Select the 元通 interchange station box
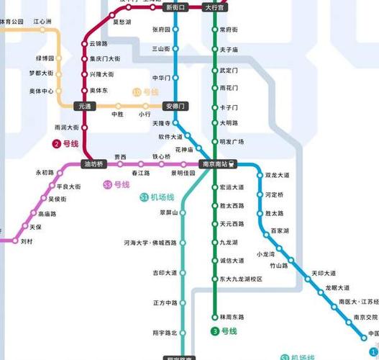(x=86, y=106)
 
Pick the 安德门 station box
(x=176, y=106)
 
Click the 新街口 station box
(x=175, y=7)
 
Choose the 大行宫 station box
(x=214, y=7)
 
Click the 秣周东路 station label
(x=232, y=317)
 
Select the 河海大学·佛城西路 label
(x=150, y=243)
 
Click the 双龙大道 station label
(x=277, y=175)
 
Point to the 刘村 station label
(x=27, y=240)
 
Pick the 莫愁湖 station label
(x=122, y=22)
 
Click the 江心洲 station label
(x=43, y=22)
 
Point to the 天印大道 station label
(x=323, y=273)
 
